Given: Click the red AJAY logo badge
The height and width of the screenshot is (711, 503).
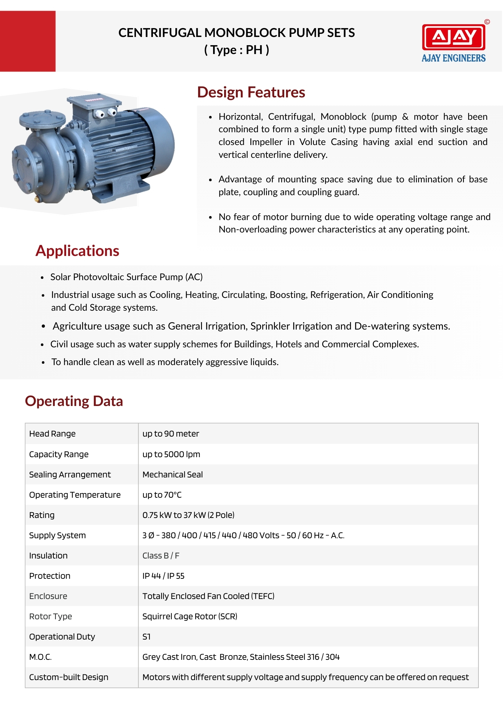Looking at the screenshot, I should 454,37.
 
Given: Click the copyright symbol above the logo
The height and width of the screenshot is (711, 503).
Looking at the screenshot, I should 487,22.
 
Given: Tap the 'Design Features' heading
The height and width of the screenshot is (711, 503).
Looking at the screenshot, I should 251,92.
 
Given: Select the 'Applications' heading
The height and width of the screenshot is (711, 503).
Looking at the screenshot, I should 77,251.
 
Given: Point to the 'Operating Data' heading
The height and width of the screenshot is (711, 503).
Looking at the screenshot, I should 74,401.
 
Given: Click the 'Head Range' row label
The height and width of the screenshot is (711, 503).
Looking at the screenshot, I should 52,434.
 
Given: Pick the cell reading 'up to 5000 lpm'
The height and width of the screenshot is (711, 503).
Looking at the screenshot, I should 171,454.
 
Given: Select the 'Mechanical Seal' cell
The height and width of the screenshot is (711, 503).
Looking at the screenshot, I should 173,475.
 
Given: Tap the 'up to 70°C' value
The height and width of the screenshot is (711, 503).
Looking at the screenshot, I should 162,495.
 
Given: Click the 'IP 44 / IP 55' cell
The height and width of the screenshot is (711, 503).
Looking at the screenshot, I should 163,576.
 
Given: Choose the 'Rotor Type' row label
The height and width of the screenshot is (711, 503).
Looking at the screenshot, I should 51,616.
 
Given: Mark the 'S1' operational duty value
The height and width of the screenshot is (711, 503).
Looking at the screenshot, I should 146,637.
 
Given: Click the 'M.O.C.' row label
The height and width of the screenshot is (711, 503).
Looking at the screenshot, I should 40,657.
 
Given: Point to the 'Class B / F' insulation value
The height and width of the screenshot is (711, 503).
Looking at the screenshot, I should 161,556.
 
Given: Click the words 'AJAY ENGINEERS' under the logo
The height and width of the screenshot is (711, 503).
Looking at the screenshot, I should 454,58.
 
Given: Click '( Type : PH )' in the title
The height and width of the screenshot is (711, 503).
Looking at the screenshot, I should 237,50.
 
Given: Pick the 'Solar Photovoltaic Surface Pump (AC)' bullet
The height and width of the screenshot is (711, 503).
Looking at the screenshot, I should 126,277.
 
